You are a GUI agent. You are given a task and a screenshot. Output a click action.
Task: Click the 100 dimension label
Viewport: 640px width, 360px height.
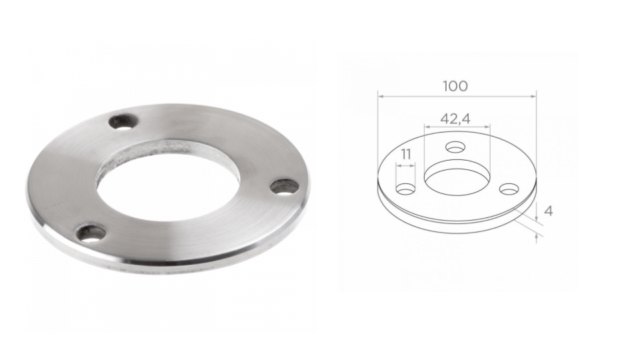(x=455, y=86)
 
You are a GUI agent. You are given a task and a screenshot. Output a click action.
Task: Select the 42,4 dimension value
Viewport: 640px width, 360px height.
(x=455, y=119)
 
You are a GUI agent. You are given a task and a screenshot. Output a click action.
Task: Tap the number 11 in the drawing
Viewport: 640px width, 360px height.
(x=405, y=155)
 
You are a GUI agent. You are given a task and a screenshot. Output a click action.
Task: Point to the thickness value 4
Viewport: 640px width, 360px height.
(x=549, y=211)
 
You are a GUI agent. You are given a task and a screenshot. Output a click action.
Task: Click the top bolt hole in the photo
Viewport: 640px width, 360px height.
(x=124, y=121)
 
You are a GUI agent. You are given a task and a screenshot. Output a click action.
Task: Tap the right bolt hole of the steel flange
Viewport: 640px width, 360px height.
(x=284, y=187)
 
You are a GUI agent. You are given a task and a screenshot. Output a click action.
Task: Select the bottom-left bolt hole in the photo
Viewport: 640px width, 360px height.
(x=91, y=233)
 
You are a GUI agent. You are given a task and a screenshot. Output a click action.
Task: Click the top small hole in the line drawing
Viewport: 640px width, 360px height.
(x=456, y=147)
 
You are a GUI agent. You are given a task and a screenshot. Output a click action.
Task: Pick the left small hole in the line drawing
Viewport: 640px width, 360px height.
(x=406, y=189)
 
